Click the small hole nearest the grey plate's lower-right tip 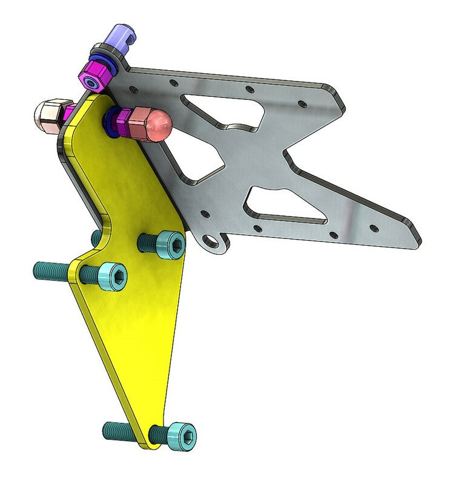[x=373, y=229]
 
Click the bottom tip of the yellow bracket [x=145, y=446]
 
